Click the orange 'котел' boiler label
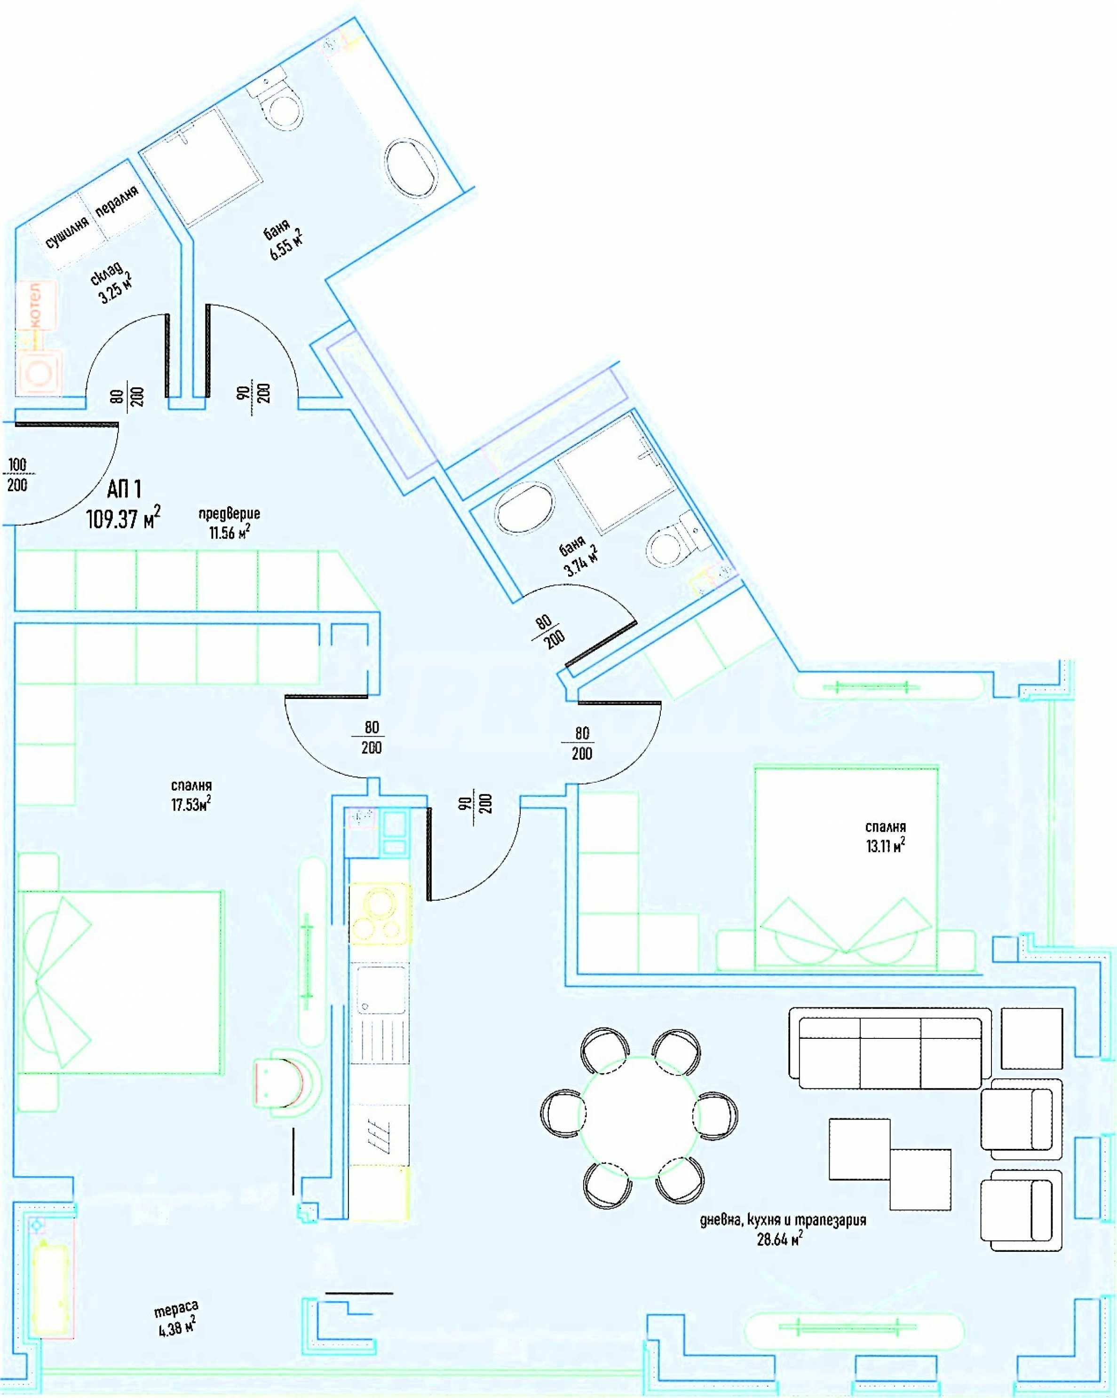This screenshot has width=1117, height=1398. (35, 304)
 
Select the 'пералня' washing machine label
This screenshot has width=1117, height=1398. (117, 201)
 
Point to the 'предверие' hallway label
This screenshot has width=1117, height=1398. (229, 513)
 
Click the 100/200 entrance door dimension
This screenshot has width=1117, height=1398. (17, 475)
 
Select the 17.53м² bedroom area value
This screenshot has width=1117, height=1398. (190, 804)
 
